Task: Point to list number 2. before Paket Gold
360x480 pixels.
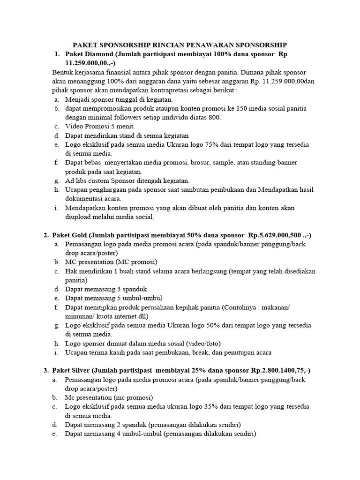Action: [x=46, y=235]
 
